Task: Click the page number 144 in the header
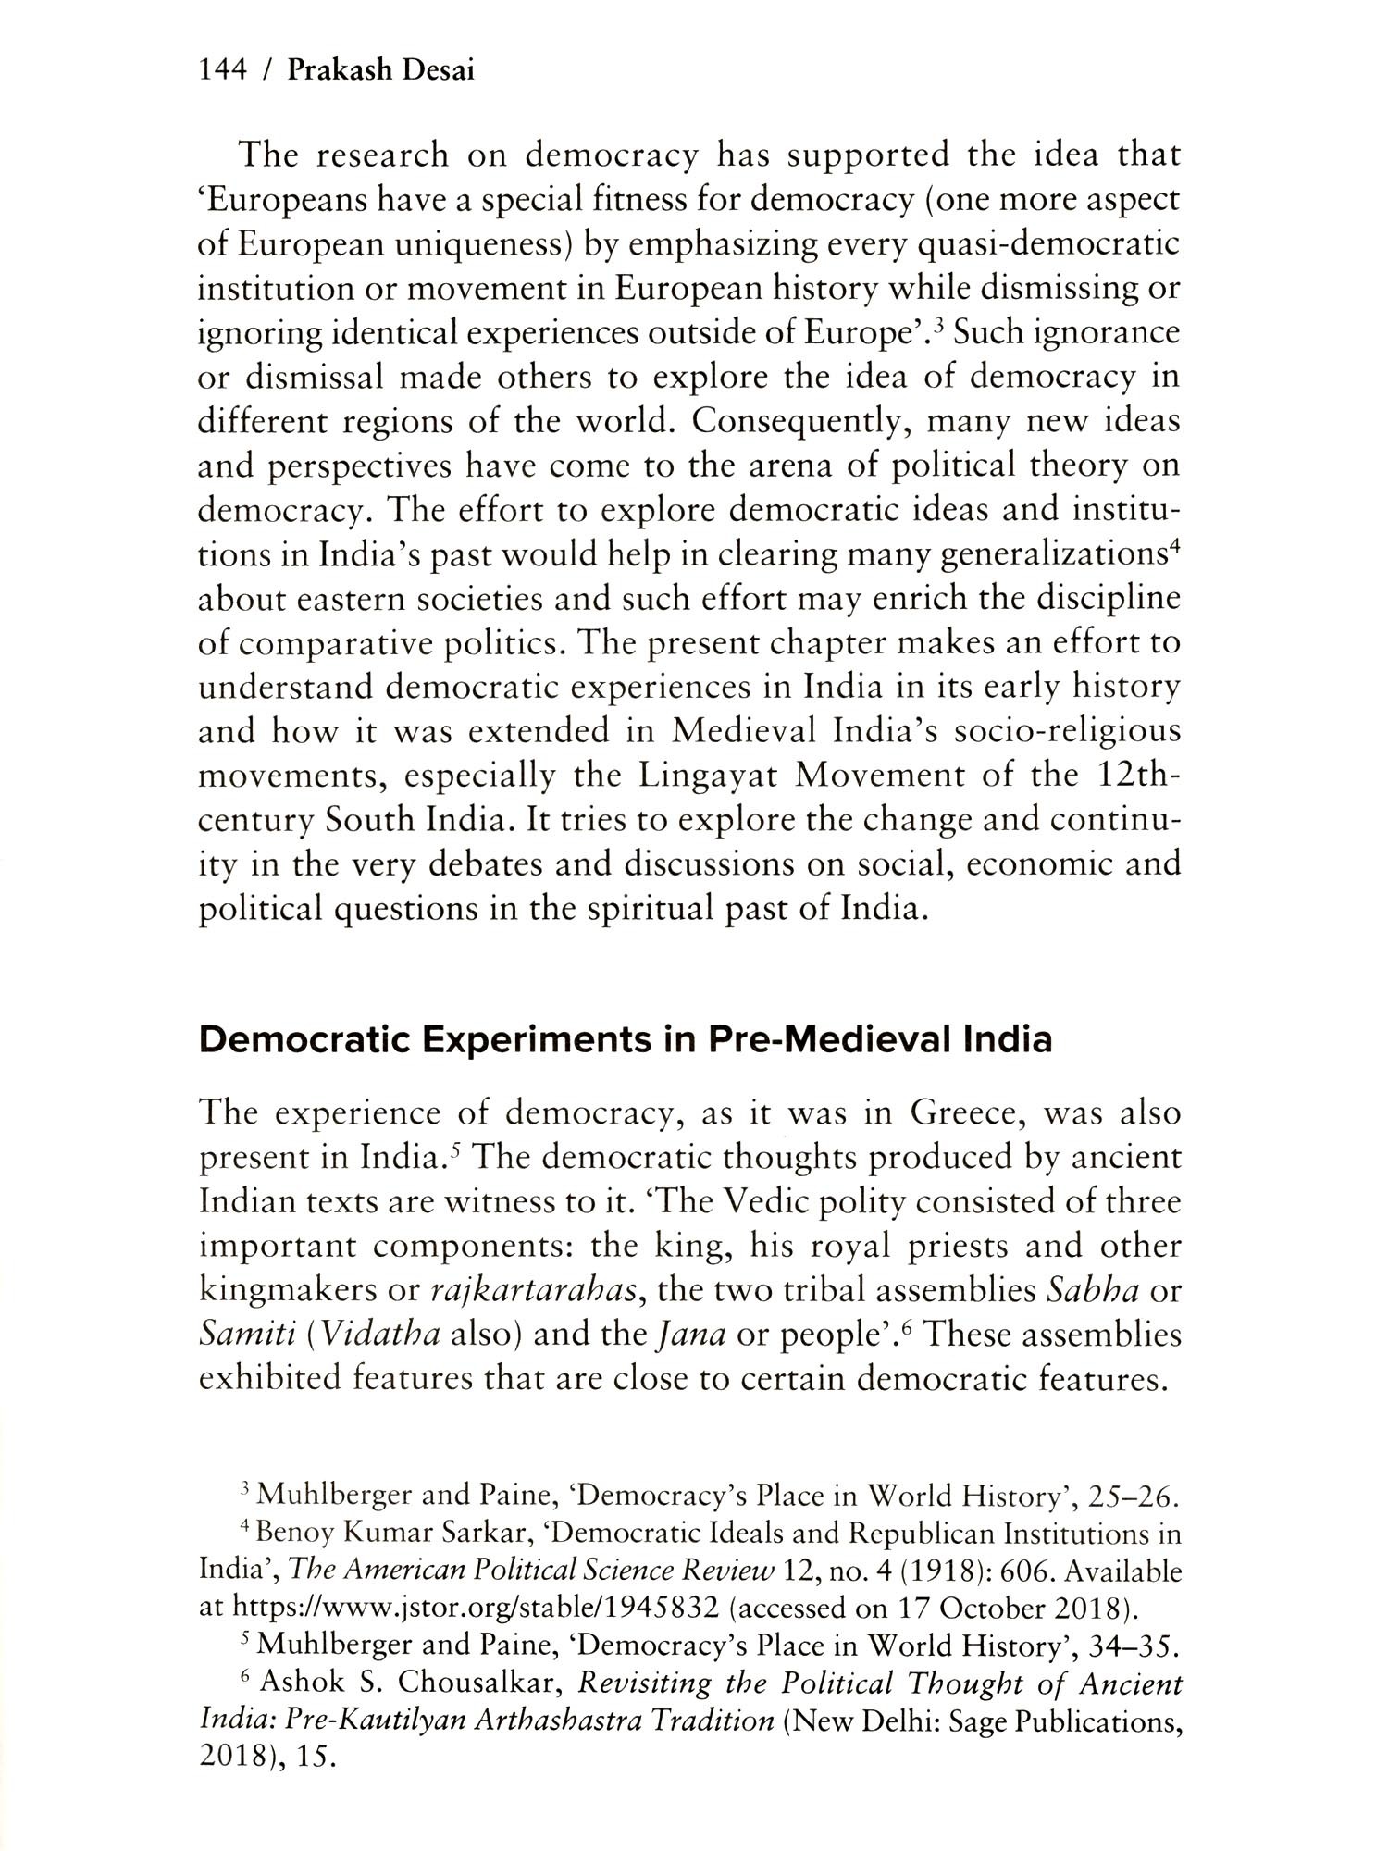coord(222,70)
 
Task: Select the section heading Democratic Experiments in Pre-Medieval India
coord(626,1040)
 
